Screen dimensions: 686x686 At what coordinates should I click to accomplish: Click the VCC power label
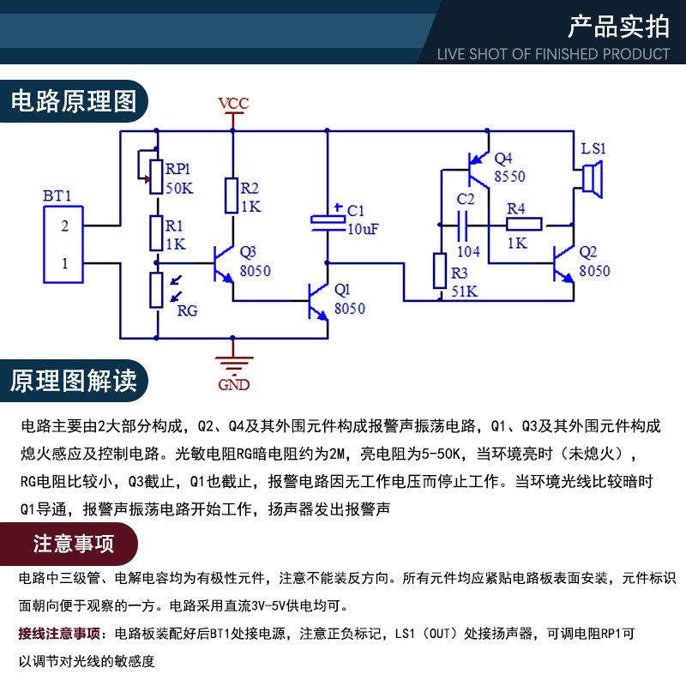[233, 103]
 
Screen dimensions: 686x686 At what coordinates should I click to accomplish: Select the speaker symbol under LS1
[593, 179]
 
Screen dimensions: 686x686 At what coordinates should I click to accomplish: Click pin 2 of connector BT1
[65, 226]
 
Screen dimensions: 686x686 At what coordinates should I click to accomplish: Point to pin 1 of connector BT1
[65, 263]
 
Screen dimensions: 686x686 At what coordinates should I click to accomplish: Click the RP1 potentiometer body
[156, 177]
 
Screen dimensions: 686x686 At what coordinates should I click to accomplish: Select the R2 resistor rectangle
[232, 196]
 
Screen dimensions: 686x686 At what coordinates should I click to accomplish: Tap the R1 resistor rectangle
[156, 233]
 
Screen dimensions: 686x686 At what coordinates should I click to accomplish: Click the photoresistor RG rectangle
[156, 290]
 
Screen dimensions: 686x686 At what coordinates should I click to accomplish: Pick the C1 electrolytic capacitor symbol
[328, 223]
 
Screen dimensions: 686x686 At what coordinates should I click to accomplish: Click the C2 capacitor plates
[462, 226]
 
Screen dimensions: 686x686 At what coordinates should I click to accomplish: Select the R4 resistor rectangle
[524, 225]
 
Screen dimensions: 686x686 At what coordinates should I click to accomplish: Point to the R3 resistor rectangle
[440, 271]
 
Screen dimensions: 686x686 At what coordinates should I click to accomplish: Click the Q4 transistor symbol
[478, 170]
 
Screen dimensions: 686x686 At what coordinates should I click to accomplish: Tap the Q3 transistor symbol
[224, 264]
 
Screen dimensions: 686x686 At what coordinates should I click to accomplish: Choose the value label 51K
[464, 292]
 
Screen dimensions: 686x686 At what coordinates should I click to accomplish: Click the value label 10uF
[363, 229]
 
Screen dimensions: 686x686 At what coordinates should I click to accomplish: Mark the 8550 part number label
[509, 177]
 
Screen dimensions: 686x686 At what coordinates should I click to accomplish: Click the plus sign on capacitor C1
[338, 207]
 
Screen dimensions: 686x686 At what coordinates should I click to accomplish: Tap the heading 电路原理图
[74, 101]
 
